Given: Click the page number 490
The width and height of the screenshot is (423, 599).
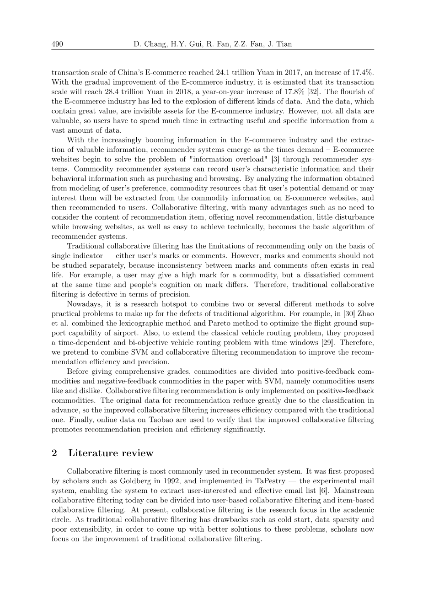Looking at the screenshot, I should (57, 44).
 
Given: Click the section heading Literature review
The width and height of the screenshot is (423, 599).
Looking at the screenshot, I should (111, 453).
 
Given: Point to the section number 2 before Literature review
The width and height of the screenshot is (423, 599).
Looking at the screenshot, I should (54, 453).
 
